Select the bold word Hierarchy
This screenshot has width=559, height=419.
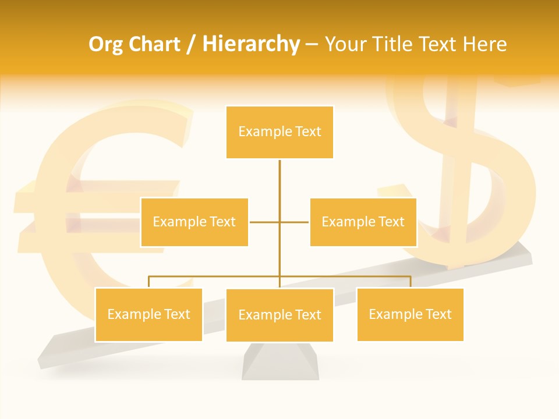[251, 44]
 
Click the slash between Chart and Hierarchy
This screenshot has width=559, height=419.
[191, 45]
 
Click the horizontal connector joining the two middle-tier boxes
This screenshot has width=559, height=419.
[265, 222]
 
